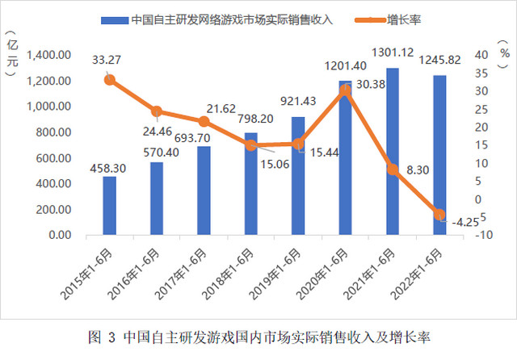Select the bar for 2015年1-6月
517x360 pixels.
(x=109, y=205)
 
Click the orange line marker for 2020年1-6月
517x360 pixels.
(x=345, y=90)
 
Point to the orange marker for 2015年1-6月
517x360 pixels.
(x=109, y=79)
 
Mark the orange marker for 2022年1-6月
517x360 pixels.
(x=439, y=214)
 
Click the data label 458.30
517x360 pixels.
(x=109, y=167)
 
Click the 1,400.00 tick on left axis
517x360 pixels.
(x=53, y=55)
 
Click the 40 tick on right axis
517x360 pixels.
(x=478, y=55)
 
